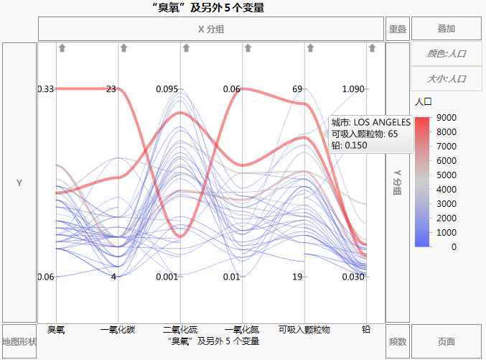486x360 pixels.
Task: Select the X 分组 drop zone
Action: pos(210,29)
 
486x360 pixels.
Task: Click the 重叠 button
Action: pos(397,29)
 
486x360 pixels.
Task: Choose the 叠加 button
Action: pos(446,29)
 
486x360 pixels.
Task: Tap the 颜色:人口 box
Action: pos(446,54)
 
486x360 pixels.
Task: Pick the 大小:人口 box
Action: pos(446,78)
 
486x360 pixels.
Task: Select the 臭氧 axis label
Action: pos(56,330)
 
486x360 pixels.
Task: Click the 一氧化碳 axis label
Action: pos(118,330)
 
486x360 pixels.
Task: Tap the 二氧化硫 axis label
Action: pos(180,330)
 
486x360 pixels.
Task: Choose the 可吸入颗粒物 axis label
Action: pos(304,330)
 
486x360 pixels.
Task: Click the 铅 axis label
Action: pos(366,330)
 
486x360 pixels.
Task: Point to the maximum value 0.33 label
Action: pos(45,89)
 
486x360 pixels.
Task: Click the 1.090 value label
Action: pos(352,89)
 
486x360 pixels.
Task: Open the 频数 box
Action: pos(397,341)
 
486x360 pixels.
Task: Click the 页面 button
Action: pos(446,341)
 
